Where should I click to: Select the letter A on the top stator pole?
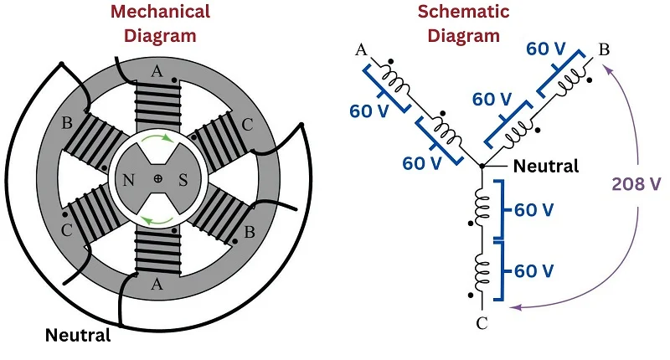[157, 72]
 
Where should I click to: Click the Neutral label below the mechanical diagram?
[78, 337]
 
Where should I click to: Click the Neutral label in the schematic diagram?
[545, 166]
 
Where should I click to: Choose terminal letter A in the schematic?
[362, 49]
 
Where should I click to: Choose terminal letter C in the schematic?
[483, 321]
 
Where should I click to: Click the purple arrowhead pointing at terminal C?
[517, 307]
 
